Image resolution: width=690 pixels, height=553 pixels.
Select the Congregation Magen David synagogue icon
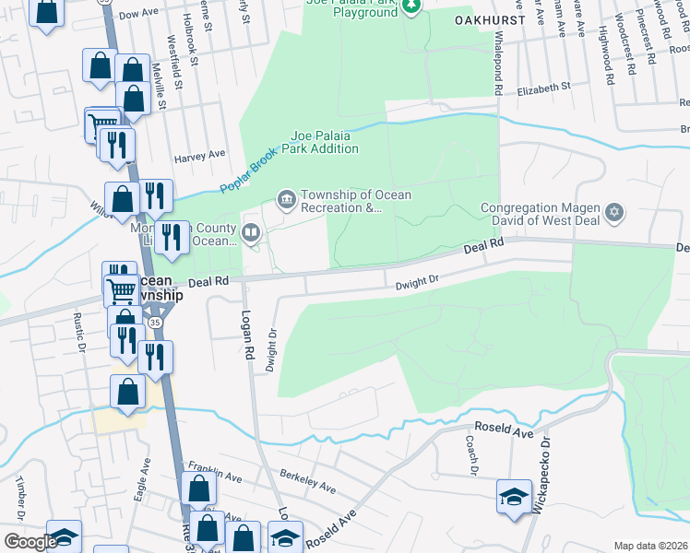click(615, 214)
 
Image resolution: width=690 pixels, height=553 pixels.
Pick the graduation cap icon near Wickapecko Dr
click(515, 498)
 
